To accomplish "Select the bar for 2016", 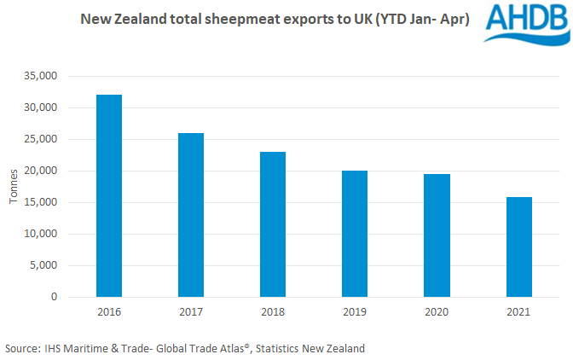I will coord(108,196).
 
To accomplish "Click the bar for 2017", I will coord(190,215).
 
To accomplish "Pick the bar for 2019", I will coord(354,234).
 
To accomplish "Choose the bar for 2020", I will coord(436,235).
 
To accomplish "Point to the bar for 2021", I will coord(518,247).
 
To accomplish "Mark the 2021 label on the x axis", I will coord(518,312).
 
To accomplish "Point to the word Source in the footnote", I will coord(21,348).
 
